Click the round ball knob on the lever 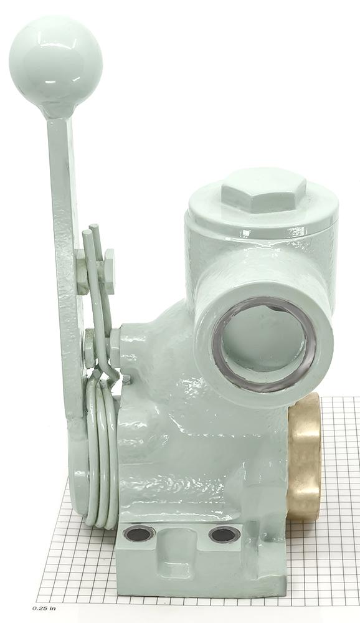point(55,64)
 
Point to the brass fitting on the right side point(305,457)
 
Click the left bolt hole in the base point(139,533)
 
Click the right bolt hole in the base point(224,535)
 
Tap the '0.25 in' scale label point(44,609)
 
